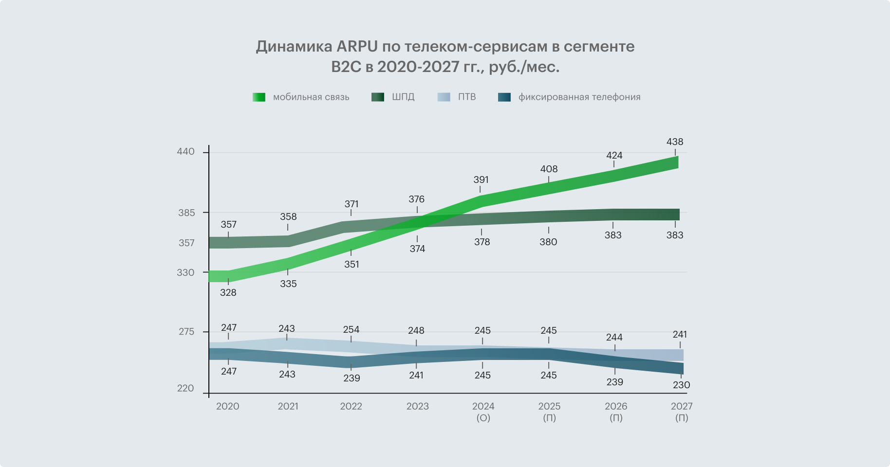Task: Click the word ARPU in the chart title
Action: pos(357,47)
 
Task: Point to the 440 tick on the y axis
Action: pos(185,152)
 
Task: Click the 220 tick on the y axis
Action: pos(185,388)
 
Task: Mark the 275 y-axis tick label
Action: pos(186,332)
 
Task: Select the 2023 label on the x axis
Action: pos(417,407)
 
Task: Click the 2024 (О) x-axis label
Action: pos(483,412)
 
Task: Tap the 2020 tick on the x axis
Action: pos(227,407)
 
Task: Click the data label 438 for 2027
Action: pos(674,142)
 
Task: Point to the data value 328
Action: pos(228,293)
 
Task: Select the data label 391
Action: pos(481,180)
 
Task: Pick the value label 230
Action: pos(681,385)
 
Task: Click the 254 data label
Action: pos(351,330)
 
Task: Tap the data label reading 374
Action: pos(417,249)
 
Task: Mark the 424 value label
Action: pos(614,156)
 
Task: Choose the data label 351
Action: pos(352,265)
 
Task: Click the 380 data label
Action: pos(548,242)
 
